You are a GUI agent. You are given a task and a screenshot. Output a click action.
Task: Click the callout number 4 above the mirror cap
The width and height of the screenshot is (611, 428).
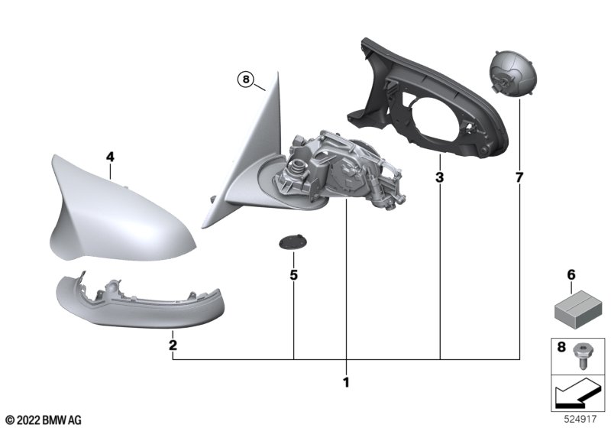110,157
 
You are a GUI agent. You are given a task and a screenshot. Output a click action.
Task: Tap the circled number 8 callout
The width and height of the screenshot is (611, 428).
245,79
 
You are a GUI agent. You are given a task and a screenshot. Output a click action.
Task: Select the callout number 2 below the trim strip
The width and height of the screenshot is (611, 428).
173,345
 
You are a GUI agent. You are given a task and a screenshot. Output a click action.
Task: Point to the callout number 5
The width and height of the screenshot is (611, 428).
294,275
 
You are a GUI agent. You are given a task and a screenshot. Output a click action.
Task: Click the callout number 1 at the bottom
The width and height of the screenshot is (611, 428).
346,382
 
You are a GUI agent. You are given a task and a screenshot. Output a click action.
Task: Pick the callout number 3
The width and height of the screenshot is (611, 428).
440,178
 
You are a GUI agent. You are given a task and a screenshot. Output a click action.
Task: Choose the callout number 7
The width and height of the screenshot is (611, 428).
519,178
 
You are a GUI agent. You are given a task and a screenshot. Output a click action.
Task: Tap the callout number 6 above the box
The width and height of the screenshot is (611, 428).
571,275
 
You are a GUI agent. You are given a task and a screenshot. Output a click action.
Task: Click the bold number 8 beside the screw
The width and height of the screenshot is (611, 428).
561,346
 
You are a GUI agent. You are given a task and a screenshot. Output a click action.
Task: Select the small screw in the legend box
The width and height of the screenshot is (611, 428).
581,356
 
